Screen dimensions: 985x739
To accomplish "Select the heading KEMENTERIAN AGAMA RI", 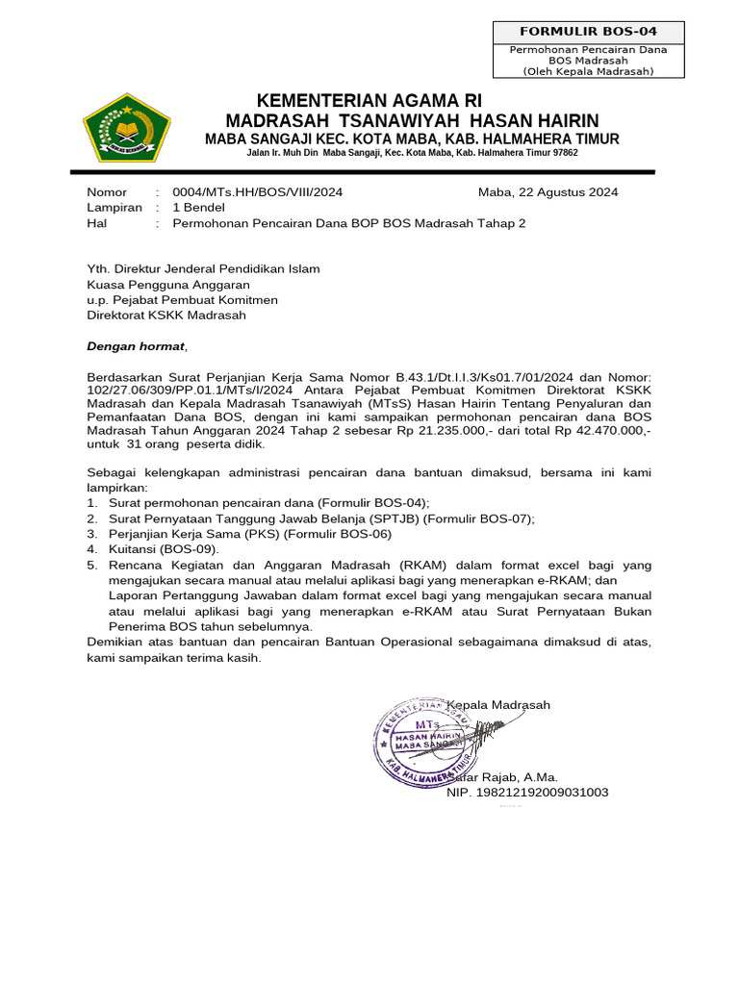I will pyautogui.click(x=369, y=101).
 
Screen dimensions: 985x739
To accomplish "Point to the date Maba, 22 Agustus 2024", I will pyautogui.click(x=548, y=191).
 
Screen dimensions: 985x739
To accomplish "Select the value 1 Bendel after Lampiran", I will pyautogui.click(x=198, y=207).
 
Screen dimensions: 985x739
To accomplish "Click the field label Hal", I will pyautogui.click(x=97, y=223).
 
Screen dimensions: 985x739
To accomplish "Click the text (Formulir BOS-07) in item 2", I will pyautogui.click(x=480, y=518).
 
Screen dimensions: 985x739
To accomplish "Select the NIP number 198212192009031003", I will pyautogui.click(x=527, y=793).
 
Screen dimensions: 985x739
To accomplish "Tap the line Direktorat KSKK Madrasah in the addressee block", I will pyautogui.click(x=166, y=315).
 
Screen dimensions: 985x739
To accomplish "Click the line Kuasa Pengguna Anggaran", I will pyautogui.click(x=168, y=285).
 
